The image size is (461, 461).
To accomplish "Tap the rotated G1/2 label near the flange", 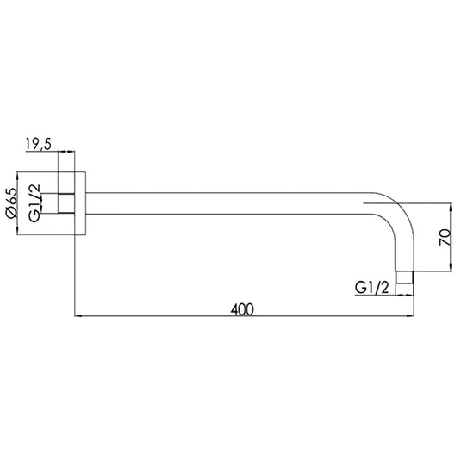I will [x=36, y=204].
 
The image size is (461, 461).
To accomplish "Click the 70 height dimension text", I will [x=443, y=238].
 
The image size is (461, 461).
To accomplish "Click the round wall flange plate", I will [x=81, y=204].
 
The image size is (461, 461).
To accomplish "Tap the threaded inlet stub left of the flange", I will [x=67, y=204].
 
